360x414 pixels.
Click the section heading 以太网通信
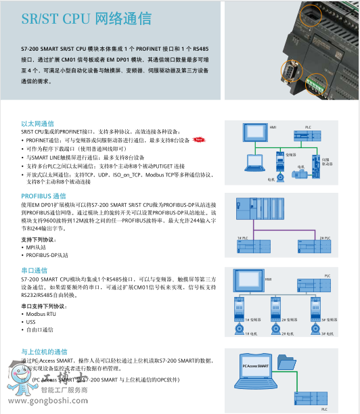click(x=37, y=123)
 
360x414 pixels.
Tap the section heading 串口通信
click(x=34, y=269)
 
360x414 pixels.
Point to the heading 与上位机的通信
click(x=44, y=352)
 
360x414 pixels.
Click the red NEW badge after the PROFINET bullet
click(x=199, y=140)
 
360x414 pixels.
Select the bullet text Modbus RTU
click(x=42, y=314)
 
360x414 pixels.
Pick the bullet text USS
click(x=31, y=322)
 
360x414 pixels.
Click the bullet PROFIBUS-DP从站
click(x=47, y=255)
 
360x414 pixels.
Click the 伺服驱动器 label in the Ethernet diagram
click(x=327, y=162)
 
